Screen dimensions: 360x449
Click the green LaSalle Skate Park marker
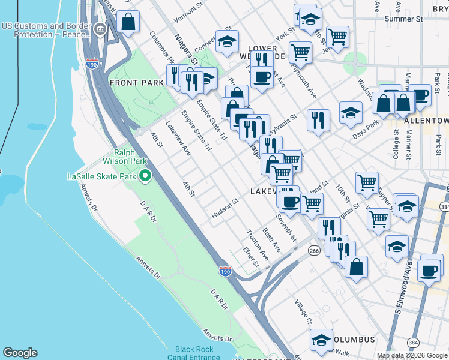tap(145, 176)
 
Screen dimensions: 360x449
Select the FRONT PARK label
tap(133, 82)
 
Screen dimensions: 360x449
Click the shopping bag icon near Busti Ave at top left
tap(128, 22)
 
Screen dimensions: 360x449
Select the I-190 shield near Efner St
tap(225, 271)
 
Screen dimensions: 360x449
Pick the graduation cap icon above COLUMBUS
tap(321, 339)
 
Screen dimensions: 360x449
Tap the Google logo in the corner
tap(20, 353)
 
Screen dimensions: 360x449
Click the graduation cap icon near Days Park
tap(351, 112)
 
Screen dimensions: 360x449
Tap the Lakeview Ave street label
tap(178, 140)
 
